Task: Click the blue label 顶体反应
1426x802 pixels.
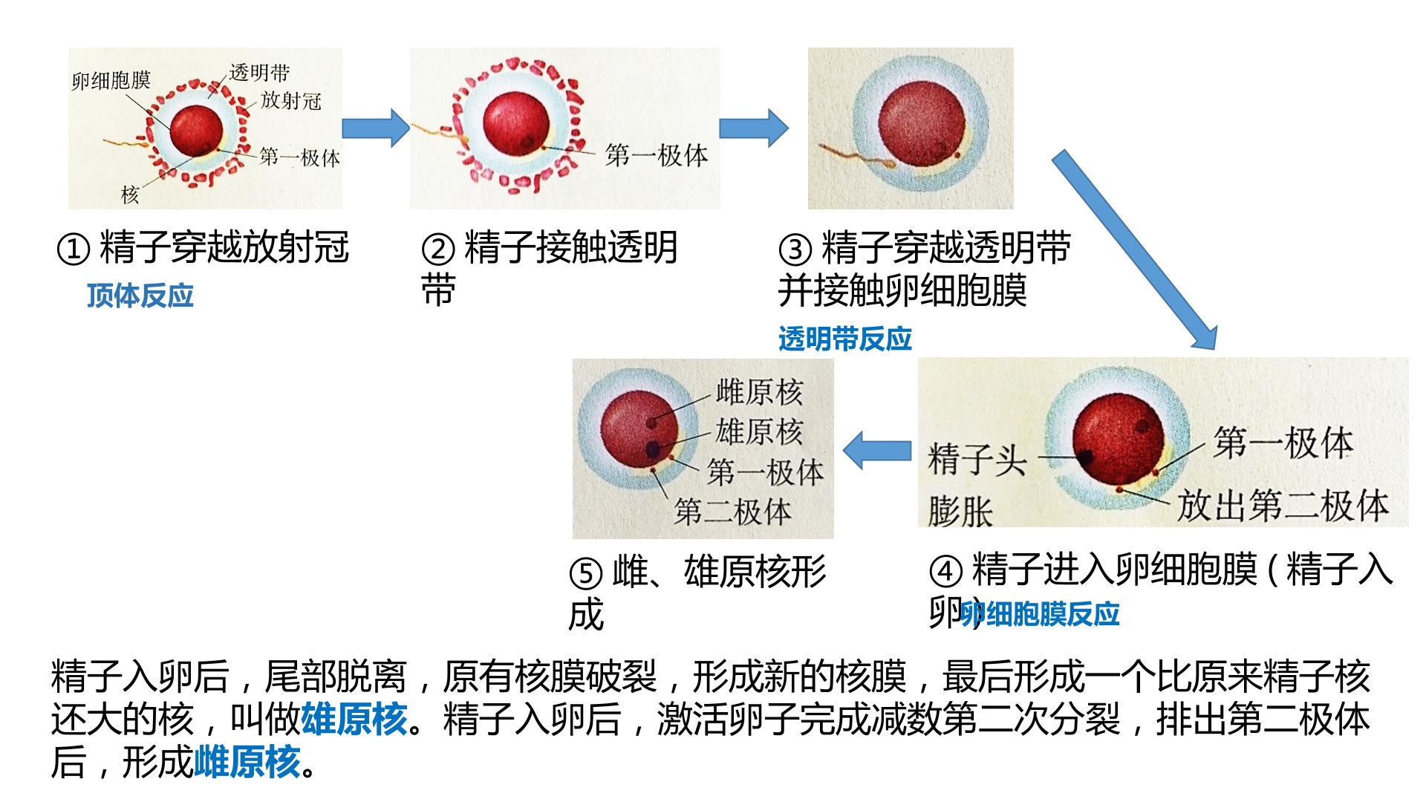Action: coord(140,296)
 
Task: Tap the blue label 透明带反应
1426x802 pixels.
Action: coord(845,339)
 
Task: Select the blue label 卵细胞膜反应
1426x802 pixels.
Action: coord(1040,614)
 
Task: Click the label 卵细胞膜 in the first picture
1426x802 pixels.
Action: coord(111,80)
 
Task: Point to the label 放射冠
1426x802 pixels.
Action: coord(290,100)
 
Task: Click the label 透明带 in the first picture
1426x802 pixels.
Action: coord(259,72)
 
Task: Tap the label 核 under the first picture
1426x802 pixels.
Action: coord(130,195)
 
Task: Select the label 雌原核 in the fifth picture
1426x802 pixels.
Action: coord(759,392)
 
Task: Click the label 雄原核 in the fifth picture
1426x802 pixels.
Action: coord(759,432)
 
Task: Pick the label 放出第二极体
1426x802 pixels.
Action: coord(1283,505)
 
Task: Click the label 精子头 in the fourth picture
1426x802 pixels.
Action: coord(977,460)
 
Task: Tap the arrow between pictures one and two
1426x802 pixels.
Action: coord(376,128)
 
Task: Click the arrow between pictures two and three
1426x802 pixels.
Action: coord(753,128)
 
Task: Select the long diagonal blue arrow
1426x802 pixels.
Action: coord(1135,250)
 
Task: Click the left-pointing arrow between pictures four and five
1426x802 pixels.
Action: coord(877,450)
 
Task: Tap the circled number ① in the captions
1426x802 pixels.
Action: coord(74,250)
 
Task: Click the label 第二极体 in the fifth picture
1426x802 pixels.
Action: coord(733,512)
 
